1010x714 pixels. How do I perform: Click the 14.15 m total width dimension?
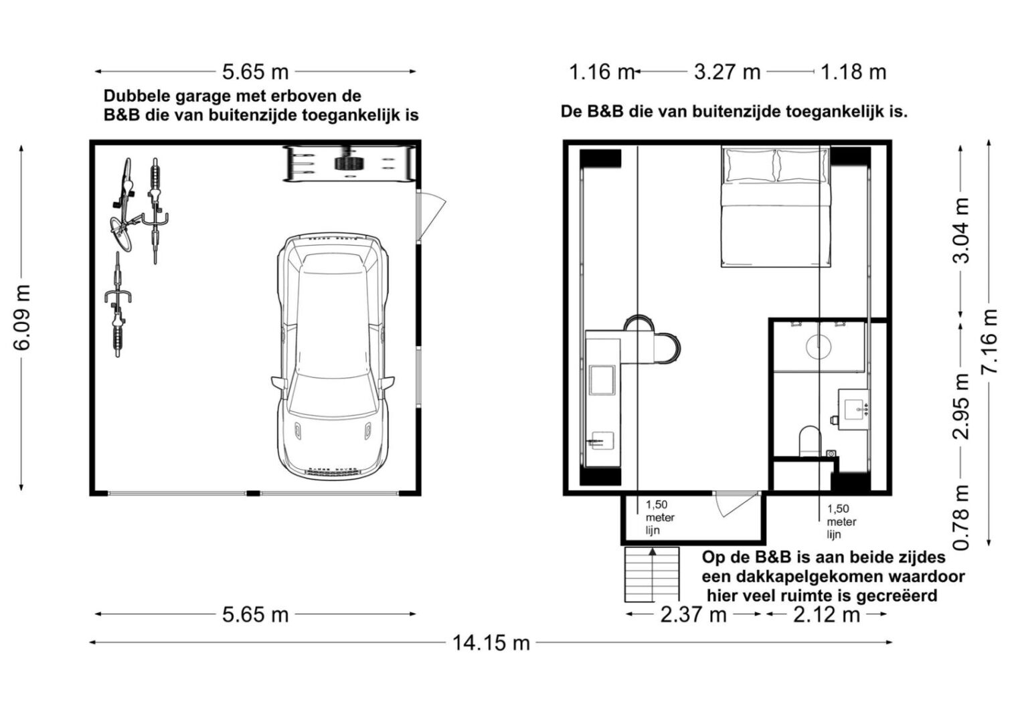(x=491, y=643)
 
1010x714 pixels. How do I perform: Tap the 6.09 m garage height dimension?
(x=21, y=317)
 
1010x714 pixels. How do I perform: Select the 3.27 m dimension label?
(x=727, y=72)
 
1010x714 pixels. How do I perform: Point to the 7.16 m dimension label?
(x=989, y=341)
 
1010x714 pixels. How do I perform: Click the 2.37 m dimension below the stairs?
(x=693, y=615)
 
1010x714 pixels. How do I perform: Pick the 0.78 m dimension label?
(x=961, y=517)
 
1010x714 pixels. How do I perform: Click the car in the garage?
(x=333, y=356)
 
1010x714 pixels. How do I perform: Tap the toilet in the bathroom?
(x=810, y=441)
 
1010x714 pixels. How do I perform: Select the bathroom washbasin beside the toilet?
(x=853, y=410)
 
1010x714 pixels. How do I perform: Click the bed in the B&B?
(x=776, y=207)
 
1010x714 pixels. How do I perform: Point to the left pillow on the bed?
(x=750, y=166)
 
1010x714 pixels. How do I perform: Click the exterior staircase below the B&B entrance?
(x=651, y=574)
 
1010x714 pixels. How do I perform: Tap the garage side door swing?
(x=431, y=216)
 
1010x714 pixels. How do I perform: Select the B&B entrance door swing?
(x=737, y=505)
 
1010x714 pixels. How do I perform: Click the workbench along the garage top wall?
(x=349, y=164)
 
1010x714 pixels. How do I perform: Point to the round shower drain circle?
(x=819, y=346)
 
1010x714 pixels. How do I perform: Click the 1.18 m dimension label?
(x=853, y=72)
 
